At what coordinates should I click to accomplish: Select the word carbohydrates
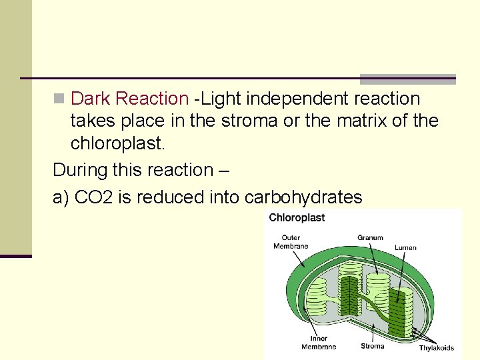[x=304, y=197]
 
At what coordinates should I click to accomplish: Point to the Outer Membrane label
[x=291, y=241]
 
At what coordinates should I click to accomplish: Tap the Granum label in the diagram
[x=370, y=237]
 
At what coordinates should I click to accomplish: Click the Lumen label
[x=405, y=247]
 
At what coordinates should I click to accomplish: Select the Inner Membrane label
[x=318, y=343]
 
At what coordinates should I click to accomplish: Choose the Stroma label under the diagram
[x=372, y=346]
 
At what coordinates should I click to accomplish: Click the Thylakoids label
[x=437, y=347]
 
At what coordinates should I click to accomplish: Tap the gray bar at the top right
[x=408, y=79]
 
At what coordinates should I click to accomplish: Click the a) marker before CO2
[x=61, y=197]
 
